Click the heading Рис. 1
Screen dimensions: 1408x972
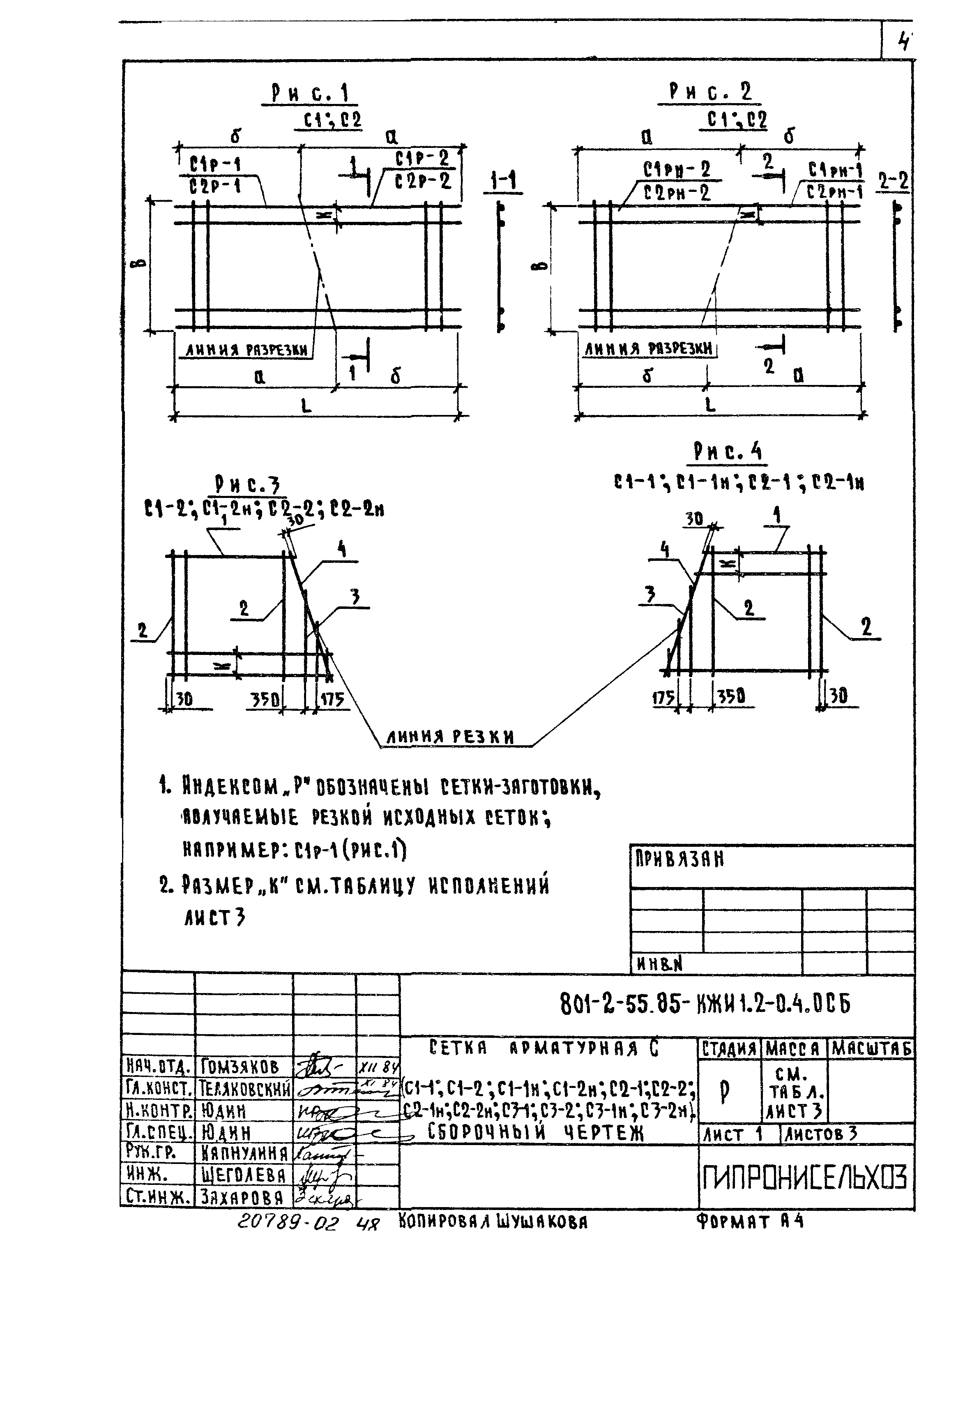(x=310, y=93)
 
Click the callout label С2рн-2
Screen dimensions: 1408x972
(x=677, y=194)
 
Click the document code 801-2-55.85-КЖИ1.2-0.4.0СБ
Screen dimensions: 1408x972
(x=705, y=1003)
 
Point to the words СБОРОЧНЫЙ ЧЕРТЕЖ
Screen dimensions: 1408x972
(x=536, y=1133)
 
